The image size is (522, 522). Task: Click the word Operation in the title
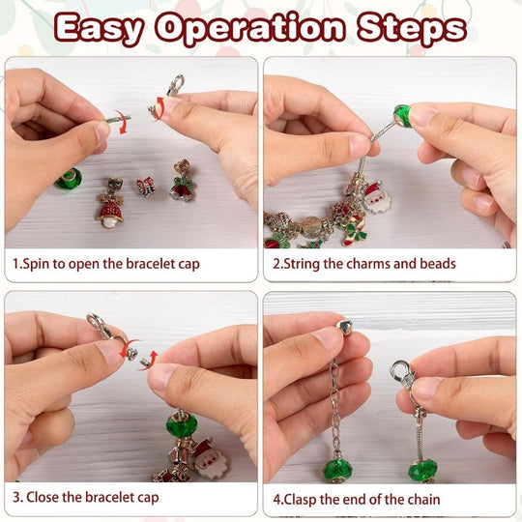(249, 29)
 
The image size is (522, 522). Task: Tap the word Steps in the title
(412, 29)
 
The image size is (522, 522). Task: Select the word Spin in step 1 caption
(35, 264)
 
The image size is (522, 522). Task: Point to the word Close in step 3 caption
(43, 498)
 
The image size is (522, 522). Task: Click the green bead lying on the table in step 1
(69, 179)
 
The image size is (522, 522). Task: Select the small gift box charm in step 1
(145, 187)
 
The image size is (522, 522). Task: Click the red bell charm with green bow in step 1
(182, 182)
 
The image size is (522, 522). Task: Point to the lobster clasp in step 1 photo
(175, 85)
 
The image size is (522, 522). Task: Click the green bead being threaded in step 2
(403, 116)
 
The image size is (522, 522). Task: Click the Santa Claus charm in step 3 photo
(209, 459)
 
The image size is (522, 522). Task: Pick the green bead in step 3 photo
(182, 424)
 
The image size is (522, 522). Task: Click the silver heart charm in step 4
(344, 327)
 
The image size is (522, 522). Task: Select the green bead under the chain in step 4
(337, 470)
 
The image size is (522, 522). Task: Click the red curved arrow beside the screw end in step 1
(122, 122)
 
